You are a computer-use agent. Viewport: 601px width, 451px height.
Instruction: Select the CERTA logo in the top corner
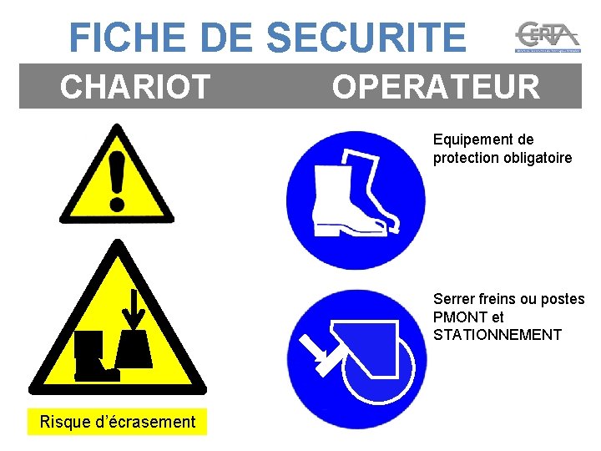tap(547, 38)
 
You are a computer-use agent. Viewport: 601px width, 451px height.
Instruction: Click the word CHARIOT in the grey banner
tap(134, 87)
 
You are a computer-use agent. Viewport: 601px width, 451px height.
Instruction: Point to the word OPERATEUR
tap(436, 87)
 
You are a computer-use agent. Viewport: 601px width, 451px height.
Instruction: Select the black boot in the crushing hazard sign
tap(90, 355)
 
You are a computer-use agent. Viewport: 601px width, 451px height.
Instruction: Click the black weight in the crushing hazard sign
tap(134, 349)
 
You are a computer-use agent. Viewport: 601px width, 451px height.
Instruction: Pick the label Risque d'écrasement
tap(117, 422)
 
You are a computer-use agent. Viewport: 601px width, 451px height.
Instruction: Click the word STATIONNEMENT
tap(497, 335)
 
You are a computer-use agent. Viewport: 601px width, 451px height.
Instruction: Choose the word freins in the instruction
tap(496, 299)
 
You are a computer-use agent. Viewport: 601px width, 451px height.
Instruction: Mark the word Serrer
tap(452, 299)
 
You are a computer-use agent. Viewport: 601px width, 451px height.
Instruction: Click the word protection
tap(463, 158)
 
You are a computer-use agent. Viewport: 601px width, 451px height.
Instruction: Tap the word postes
tap(563, 299)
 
